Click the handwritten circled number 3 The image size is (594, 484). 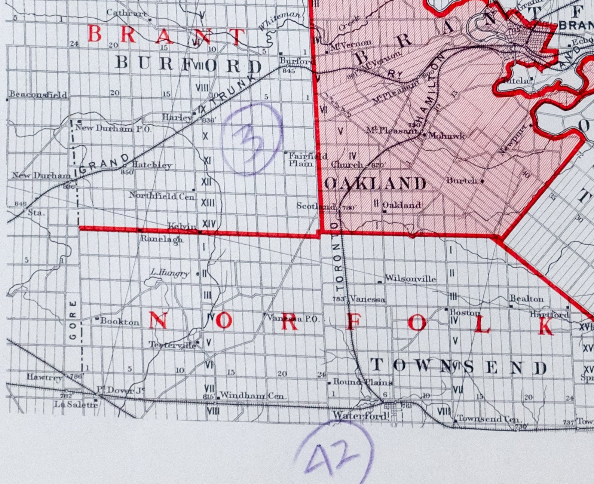click(251, 140)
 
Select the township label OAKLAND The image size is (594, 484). click(376, 184)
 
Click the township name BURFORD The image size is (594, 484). click(189, 64)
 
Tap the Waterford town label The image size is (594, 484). click(360, 415)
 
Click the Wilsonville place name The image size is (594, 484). click(410, 279)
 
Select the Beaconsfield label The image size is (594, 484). click(38, 94)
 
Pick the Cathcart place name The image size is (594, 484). click(126, 13)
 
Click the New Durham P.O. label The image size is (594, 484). click(113, 128)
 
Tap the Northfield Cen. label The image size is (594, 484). click(162, 196)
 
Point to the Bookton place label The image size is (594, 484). click(120, 321)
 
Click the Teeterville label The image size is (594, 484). click(172, 345)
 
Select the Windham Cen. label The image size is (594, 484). click(253, 395)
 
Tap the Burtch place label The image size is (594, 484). click(462, 180)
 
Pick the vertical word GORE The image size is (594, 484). click(73, 320)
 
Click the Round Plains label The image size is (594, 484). click(362, 382)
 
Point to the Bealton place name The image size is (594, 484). click(527, 299)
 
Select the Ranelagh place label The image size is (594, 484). click(161, 239)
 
